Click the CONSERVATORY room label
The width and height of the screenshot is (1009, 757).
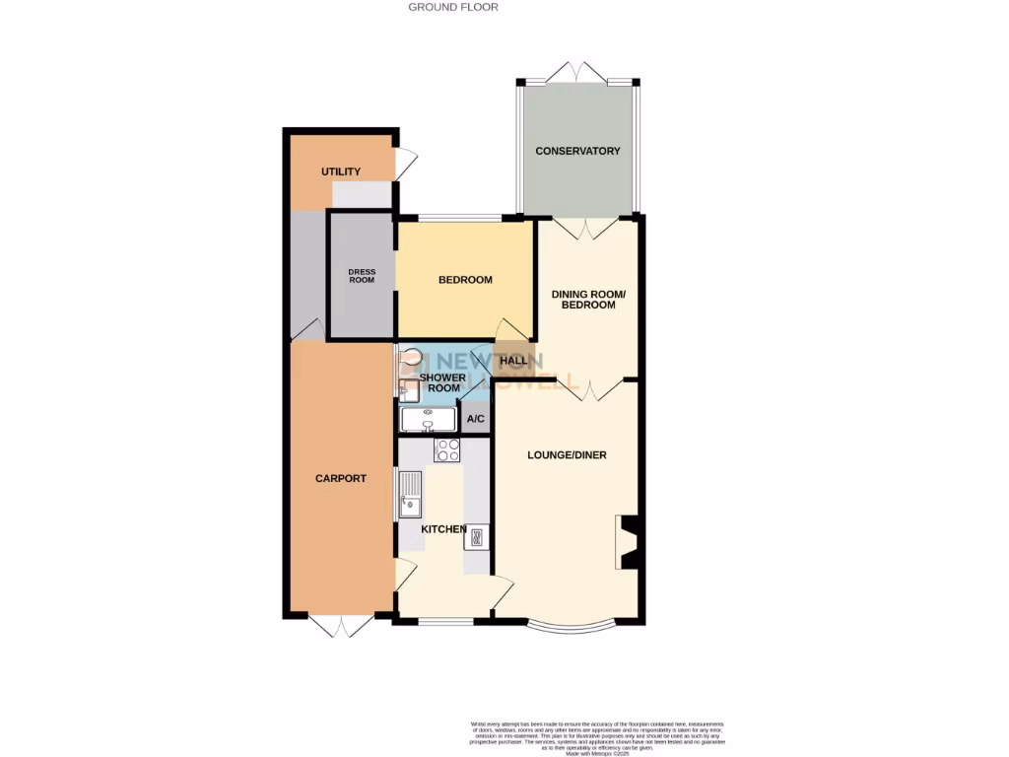coord(577,151)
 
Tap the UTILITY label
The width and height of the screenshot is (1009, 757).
coord(341,172)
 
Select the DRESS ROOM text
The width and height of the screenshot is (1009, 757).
coord(362,276)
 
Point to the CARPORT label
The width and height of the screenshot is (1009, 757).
coord(341,479)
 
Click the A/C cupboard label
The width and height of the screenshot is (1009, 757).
coord(476,420)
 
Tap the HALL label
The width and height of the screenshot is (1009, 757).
coord(513,361)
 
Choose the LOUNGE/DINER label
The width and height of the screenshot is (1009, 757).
coord(567,455)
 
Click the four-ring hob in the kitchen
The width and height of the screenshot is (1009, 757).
coord(447,449)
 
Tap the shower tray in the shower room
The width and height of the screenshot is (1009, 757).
coord(429,420)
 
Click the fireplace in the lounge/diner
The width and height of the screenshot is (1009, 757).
coord(628,539)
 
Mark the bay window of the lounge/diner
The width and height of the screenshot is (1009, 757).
coord(571,627)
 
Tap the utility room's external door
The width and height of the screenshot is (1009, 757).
coord(406,165)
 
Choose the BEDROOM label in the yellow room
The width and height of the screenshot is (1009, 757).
coord(465,280)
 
